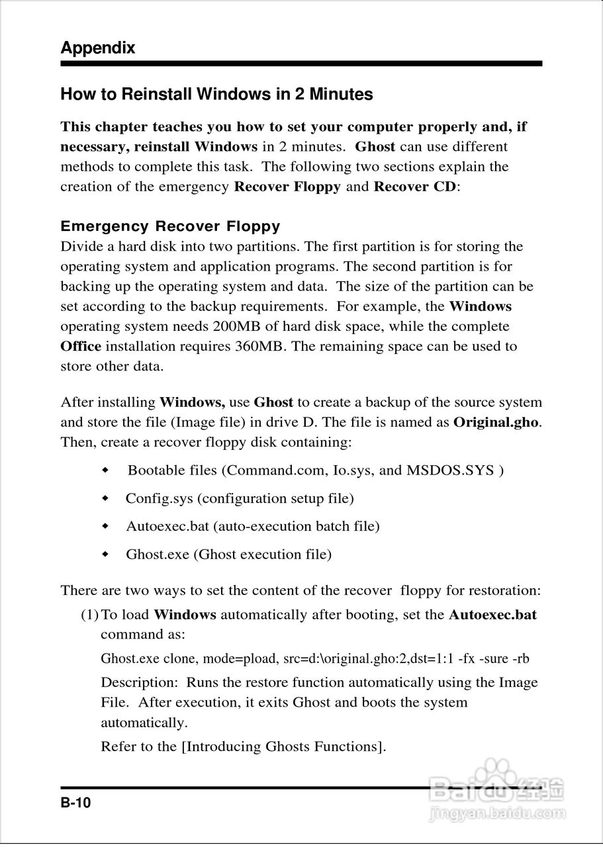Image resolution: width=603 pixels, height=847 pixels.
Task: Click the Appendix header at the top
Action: pos(97,48)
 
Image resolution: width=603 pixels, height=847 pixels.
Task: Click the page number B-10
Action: pos(75,803)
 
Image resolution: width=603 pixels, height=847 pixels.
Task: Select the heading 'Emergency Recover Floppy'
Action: pos(170,226)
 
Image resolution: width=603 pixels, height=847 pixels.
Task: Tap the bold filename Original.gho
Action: pos(496,422)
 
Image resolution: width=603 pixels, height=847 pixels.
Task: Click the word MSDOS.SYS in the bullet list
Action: pos(450,470)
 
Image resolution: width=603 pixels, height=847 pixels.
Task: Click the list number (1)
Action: pos(89,615)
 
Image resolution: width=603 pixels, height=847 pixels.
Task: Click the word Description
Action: pos(139,682)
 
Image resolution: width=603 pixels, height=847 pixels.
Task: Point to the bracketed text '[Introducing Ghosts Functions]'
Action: pos(283,747)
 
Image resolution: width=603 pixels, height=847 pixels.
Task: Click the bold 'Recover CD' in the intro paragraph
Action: pos(415,187)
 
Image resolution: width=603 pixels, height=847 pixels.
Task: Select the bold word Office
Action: pos(81,346)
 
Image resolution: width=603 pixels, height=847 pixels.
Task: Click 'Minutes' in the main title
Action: pos(340,95)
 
